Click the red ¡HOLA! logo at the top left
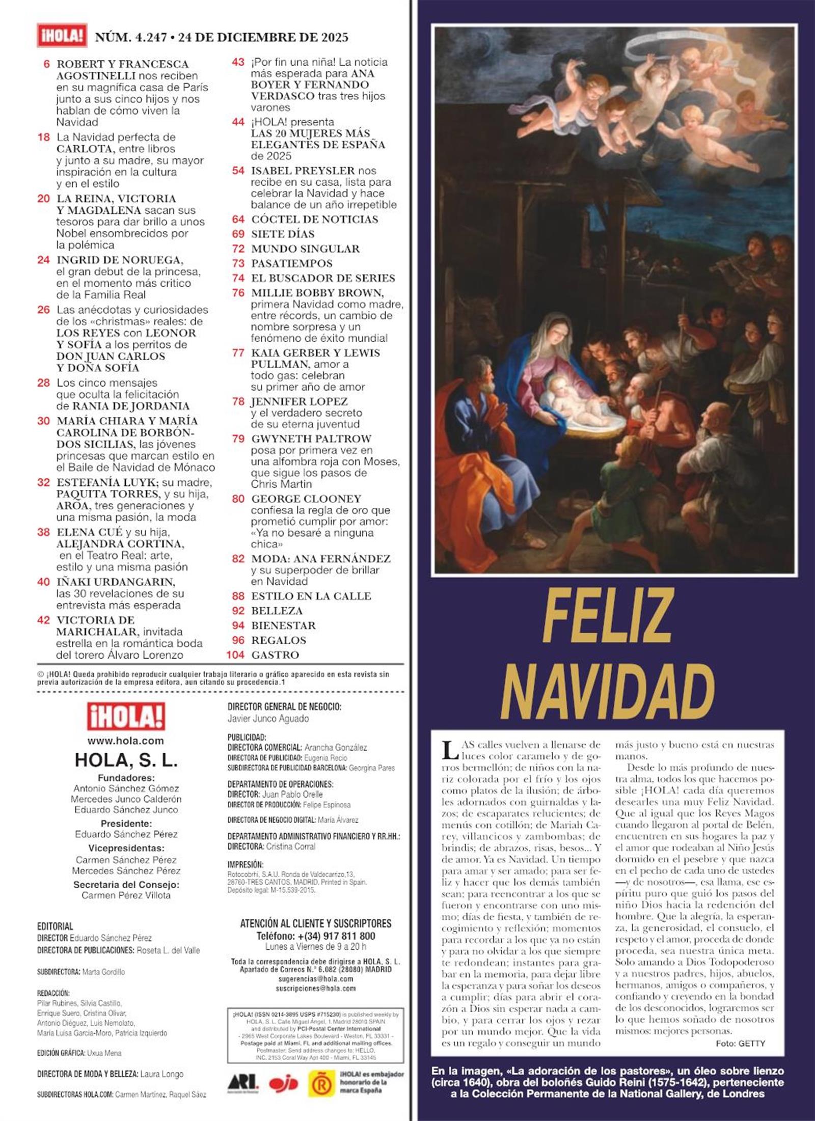click(x=62, y=37)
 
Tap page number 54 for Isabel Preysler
click(x=238, y=171)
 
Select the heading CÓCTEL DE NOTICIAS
click(x=314, y=220)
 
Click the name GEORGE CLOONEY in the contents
click(x=306, y=499)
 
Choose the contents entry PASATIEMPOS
click(x=291, y=263)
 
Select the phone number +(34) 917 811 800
click(x=316, y=936)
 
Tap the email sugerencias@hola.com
click(x=316, y=978)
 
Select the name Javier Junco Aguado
click(x=268, y=719)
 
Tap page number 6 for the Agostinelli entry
click(x=47, y=64)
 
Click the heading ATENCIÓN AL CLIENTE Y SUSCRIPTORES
click(x=316, y=923)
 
